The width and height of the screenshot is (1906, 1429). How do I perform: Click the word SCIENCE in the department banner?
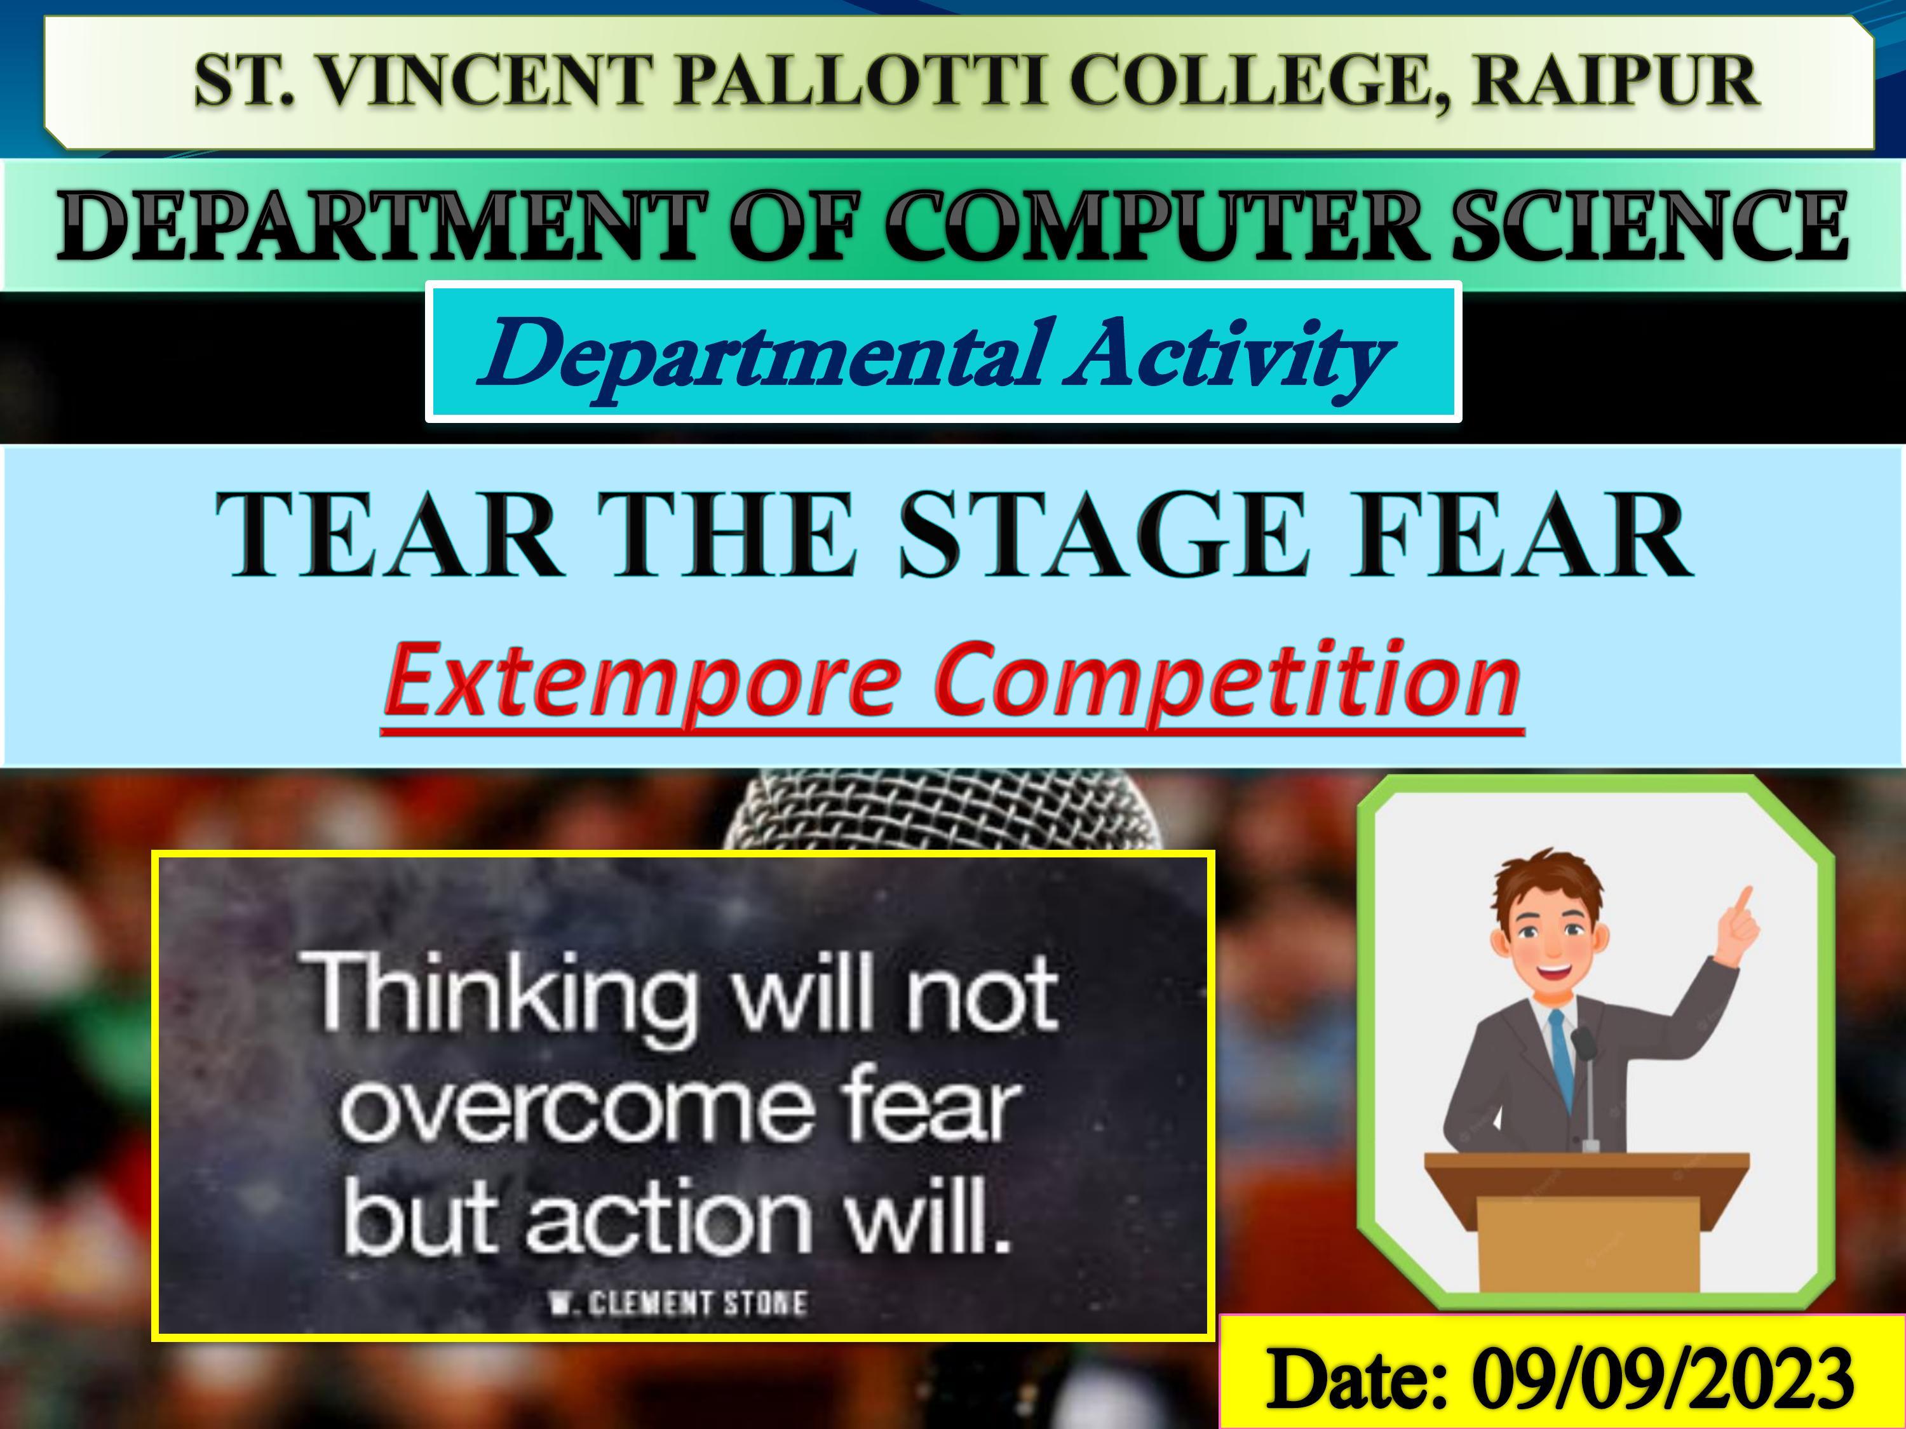click(1650, 225)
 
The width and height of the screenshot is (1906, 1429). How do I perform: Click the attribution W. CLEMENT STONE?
click(679, 1303)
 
